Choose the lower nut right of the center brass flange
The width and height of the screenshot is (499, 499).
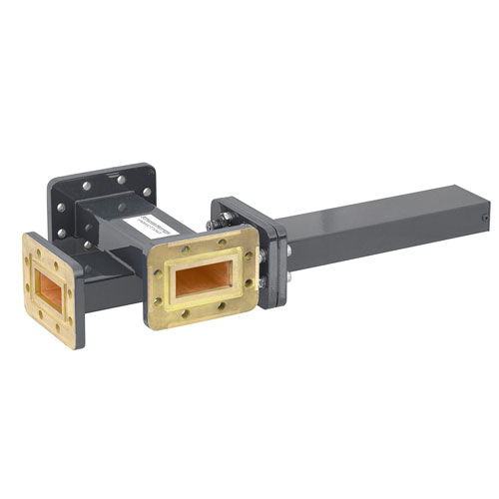tap(262, 282)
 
